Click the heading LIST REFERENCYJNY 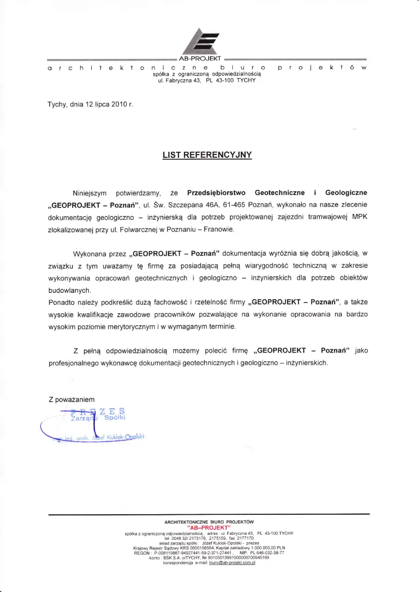click(207, 155)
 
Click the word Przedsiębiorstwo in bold click(216, 192)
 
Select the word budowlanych click(69, 290)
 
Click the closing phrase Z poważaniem click(71, 399)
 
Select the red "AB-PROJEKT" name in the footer click(209, 527)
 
